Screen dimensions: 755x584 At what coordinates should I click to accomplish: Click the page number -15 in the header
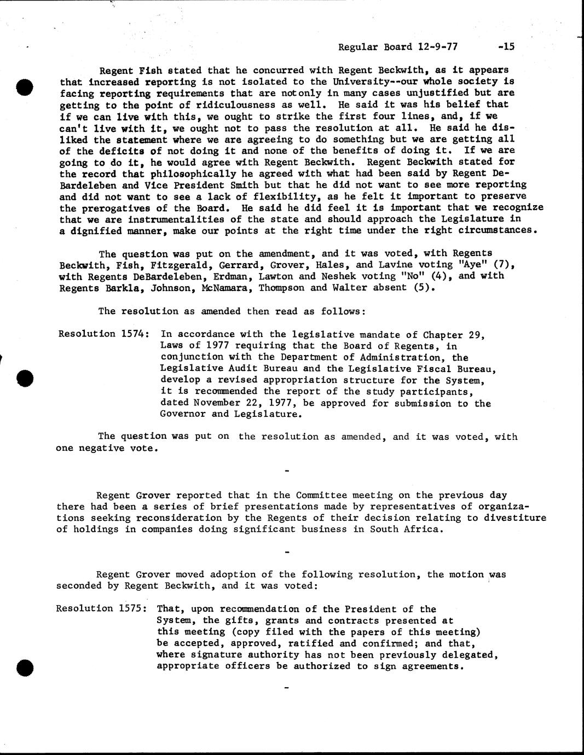506,47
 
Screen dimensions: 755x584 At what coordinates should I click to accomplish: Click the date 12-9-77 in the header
437,47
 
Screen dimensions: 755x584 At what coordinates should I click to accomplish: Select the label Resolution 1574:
102,334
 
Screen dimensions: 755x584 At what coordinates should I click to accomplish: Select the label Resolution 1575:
101,609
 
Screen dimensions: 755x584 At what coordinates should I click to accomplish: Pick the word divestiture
517,518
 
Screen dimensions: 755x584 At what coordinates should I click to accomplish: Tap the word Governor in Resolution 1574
183,415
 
